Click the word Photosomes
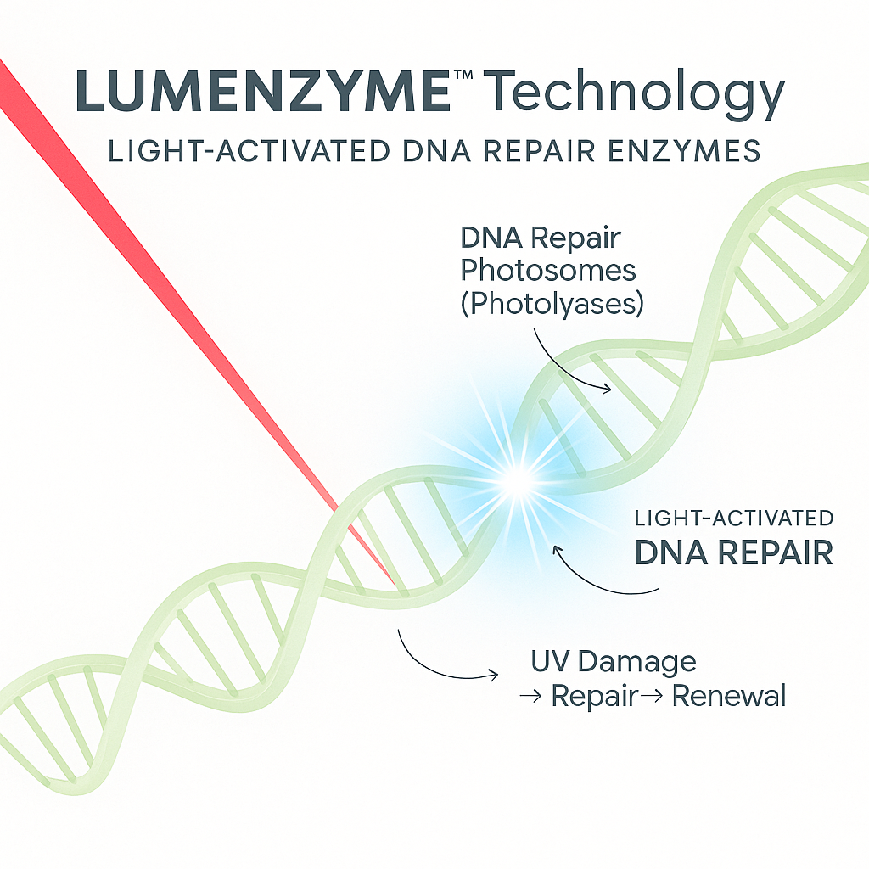pyautogui.click(x=548, y=271)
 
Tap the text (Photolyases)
pyautogui.click(x=551, y=304)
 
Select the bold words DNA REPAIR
pyautogui.click(x=733, y=553)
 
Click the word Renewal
pyautogui.click(x=729, y=697)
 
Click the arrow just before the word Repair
pyautogui.click(x=530, y=698)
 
